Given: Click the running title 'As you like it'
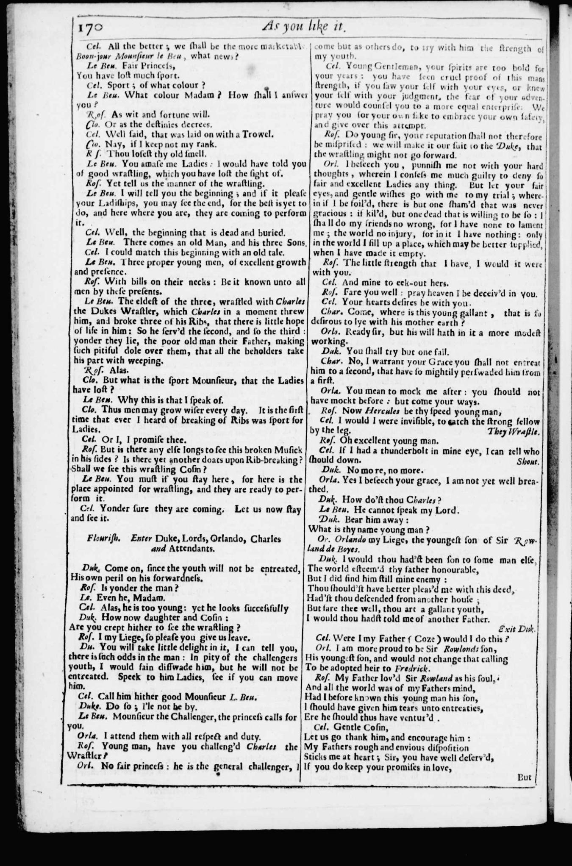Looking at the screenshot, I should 305,27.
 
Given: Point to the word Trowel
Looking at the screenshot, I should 260,135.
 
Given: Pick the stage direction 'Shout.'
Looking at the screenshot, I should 528,461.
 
